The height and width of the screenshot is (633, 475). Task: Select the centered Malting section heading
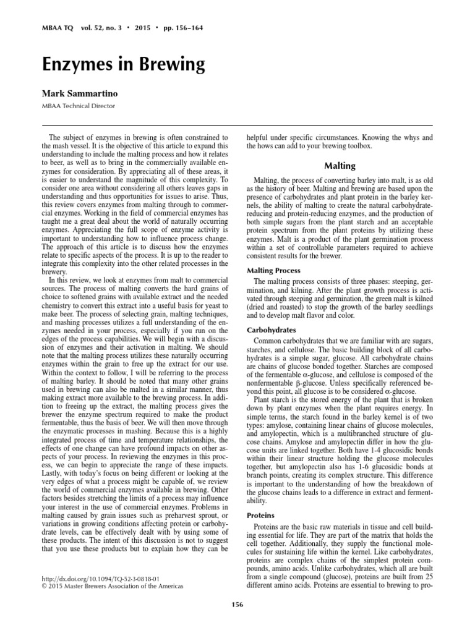(x=340, y=166)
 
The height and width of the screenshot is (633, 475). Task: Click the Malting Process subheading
(x=274, y=271)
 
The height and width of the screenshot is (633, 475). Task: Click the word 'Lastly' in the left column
(x=57, y=487)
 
